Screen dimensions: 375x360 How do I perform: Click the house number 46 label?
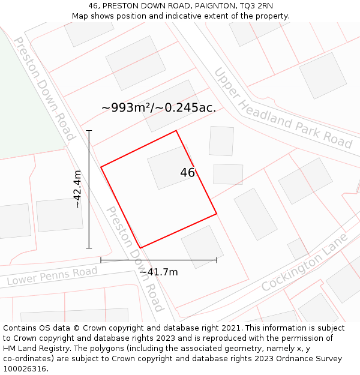point(187,173)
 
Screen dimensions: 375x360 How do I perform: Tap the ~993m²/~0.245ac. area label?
point(158,108)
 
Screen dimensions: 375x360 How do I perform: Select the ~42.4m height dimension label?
point(77,189)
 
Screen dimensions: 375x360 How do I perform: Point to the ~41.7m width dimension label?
point(158,272)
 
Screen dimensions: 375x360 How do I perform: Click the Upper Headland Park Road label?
point(283,107)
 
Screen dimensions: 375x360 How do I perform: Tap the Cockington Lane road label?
point(305,263)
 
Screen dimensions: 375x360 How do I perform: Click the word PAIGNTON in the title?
point(199,5)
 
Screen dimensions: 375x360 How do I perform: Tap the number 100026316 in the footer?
point(25,368)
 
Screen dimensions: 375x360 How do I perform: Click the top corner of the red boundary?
point(176,131)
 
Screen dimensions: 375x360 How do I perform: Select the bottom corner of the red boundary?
point(140,248)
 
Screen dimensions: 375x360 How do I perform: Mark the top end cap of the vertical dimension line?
point(89,130)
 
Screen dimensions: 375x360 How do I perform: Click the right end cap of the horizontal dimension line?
point(217,260)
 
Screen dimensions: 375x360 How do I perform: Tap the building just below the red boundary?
point(202,246)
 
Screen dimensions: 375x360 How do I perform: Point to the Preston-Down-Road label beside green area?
point(44,88)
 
